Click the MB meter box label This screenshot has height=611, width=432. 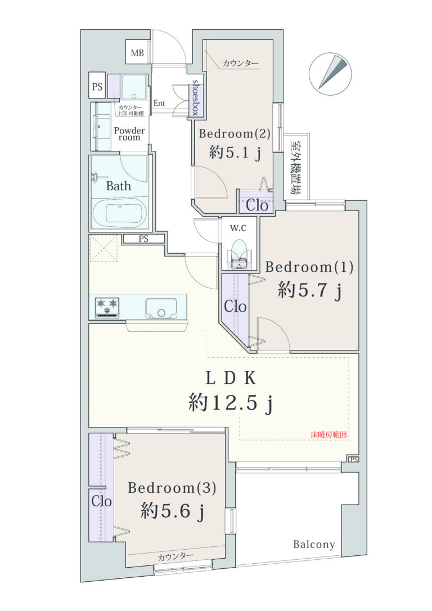click(x=137, y=53)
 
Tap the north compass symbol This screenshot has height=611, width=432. click(x=330, y=74)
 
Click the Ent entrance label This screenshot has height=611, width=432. click(x=159, y=104)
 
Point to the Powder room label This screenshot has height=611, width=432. click(x=129, y=134)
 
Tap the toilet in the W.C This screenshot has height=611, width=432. click(x=238, y=254)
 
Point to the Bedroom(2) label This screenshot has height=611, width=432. click(x=235, y=134)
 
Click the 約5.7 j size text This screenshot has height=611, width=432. click(x=310, y=290)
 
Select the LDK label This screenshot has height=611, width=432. click(x=230, y=378)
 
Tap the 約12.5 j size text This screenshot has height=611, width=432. click(x=231, y=402)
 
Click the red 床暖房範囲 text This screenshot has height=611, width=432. click(x=328, y=435)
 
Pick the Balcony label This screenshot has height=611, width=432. click(x=314, y=545)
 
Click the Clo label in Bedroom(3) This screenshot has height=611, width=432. click(x=102, y=501)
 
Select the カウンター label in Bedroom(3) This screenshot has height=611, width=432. click(x=175, y=556)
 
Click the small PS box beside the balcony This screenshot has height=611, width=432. click(x=353, y=460)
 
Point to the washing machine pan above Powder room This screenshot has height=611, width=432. click(x=134, y=87)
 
